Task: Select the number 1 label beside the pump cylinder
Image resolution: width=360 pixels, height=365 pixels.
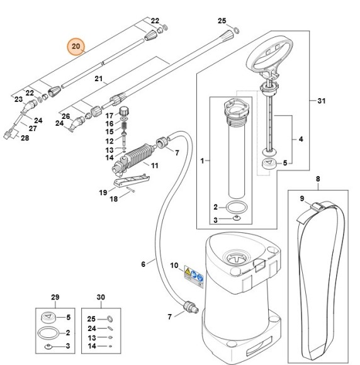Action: click(202, 162)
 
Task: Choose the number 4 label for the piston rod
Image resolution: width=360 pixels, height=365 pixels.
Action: click(300, 138)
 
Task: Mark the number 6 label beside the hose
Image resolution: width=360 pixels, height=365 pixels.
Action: click(143, 264)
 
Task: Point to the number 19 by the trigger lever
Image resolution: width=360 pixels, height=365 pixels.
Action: click(103, 191)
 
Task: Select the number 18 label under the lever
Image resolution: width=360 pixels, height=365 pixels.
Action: click(114, 199)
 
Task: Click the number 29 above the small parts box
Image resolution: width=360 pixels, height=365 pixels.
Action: click(54, 296)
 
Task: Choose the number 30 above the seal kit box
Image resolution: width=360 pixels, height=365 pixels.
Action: click(100, 296)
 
